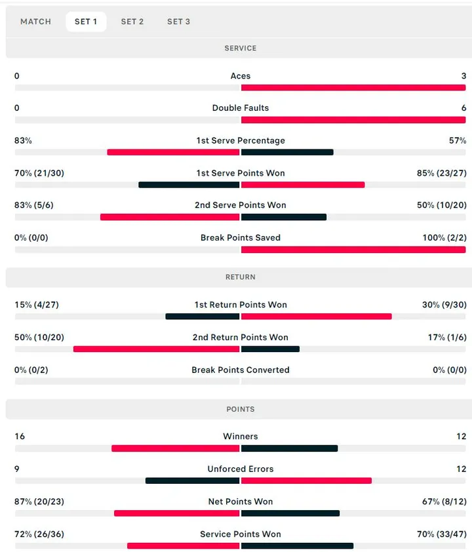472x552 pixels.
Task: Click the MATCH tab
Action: (x=35, y=22)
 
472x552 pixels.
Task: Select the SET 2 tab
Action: (x=132, y=22)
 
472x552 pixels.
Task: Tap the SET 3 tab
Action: (x=178, y=22)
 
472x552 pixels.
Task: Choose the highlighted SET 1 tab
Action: (x=86, y=22)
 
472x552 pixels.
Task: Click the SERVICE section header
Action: (x=240, y=49)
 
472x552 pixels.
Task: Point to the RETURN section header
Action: (x=240, y=277)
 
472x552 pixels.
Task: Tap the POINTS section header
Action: (x=240, y=409)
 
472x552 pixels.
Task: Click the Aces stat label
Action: (x=240, y=76)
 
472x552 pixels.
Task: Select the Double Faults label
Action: (x=240, y=108)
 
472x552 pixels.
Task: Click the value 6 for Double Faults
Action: (x=463, y=108)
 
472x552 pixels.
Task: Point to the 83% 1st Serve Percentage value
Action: (x=23, y=140)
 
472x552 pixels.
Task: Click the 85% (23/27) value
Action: (x=442, y=173)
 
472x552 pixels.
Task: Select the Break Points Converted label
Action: (x=240, y=370)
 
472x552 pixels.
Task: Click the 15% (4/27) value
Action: (x=36, y=305)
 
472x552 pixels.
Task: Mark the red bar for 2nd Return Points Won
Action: (x=156, y=349)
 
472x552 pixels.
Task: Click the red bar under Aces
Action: (x=353, y=87)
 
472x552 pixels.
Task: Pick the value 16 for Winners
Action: (x=20, y=437)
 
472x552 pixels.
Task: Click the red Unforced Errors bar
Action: (x=306, y=481)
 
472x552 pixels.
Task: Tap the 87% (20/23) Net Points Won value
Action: (x=39, y=502)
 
